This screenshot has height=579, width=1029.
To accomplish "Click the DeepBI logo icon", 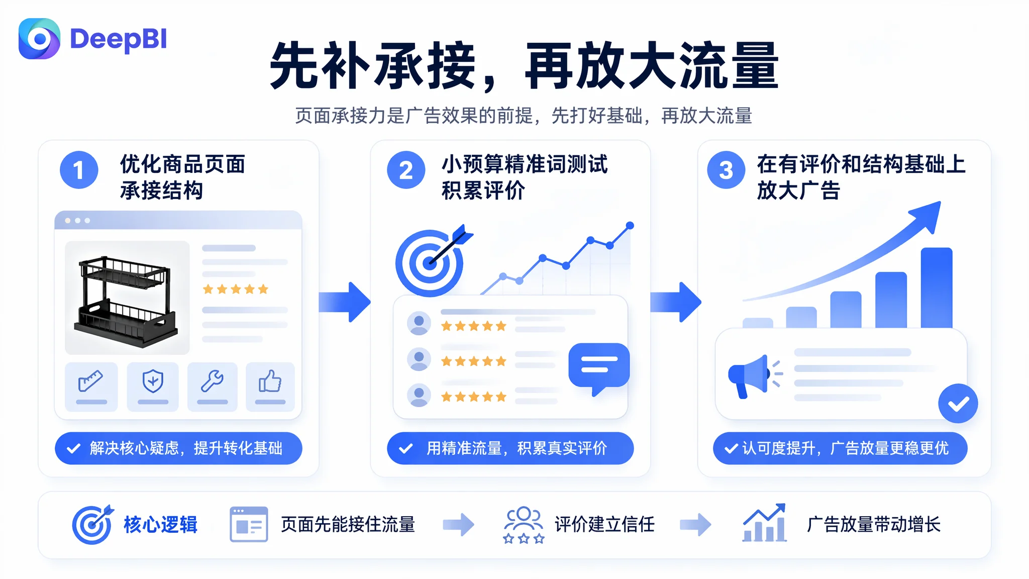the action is pyautogui.click(x=39, y=39).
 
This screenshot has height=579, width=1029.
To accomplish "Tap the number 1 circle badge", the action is pyautogui.click(x=79, y=170).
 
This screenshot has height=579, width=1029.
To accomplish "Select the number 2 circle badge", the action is pyautogui.click(x=406, y=170).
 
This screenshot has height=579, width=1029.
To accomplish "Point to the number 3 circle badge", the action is pyautogui.click(x=726, y=170).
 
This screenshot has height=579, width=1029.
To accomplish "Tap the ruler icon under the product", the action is pyautogui.click(x=91, y=380).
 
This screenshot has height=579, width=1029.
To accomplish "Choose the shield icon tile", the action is pyautogui.click(x=153, y=387).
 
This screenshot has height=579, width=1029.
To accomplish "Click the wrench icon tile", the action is pyautogui.click(x=213, y=387).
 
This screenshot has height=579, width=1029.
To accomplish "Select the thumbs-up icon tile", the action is pyautogui.click(x=270, y=387).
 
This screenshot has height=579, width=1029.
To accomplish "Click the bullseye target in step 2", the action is pyautogui.click(x=430, y=262).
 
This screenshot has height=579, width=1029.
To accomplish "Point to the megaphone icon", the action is pyautogui.click(x=754, y=376).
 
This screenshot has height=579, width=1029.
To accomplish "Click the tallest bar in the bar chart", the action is pyautogui.click(x=937, y=287).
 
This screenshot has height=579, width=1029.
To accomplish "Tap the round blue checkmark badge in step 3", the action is pyautogui.click(x=958, y=403).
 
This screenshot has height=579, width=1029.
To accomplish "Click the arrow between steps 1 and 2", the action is pyautogui.click(x=345, y=302).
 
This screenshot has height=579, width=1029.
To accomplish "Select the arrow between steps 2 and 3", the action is pyautogui.click(x=676, y=302).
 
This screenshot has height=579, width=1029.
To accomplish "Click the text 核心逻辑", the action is pyautogui.click(x=161, y=524).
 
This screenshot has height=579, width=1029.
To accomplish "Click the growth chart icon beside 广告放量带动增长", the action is pyautogui.click(x=765, y=523).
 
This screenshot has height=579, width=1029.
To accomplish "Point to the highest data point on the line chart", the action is pyautogui.click(x=630, y=226).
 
